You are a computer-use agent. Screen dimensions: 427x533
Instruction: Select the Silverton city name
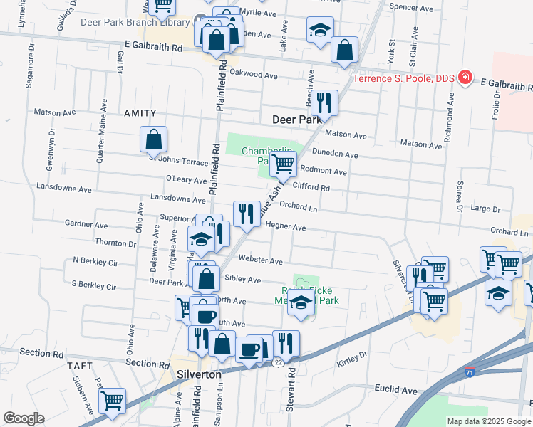click(x=199, y=374)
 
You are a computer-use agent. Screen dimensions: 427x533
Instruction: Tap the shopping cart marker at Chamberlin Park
click(x=284, y=164)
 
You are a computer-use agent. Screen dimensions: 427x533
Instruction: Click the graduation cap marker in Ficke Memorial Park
click(x=301, y=303)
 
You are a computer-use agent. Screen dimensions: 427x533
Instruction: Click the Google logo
click(x=24, y=418)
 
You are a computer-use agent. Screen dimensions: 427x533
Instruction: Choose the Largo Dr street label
click(x=486, y=209)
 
